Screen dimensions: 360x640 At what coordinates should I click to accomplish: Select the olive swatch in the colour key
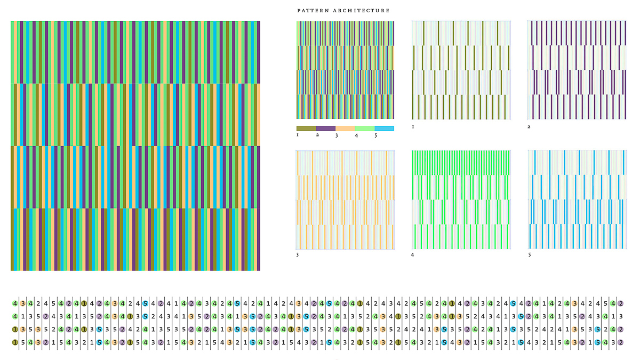tap(306, 129)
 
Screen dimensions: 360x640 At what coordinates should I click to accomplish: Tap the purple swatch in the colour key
tap(326, 129)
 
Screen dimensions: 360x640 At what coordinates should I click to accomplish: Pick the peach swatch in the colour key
tap(345, 129)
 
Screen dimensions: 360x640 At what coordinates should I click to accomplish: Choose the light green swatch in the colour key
tap(365, 129)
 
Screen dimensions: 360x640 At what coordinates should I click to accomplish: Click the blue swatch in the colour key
tap(384, 129)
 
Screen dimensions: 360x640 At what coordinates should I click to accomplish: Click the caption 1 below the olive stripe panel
tap(413, 127)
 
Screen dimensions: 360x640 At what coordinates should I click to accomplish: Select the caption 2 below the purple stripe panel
tap(529, 127)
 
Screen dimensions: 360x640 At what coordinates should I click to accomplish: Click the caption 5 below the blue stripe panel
tap(529, 255)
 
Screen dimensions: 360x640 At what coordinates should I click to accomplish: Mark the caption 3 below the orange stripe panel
tap(298, 255)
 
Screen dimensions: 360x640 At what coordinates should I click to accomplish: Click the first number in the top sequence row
tap(15, 304)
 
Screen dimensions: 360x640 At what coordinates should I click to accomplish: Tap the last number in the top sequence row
tap(620, 304)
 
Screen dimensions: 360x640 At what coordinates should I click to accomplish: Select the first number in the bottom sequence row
tap(15, 342)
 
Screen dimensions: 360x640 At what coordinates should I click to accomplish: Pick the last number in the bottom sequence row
tap(620, 342)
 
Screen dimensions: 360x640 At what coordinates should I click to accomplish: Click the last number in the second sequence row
tap(620, 317)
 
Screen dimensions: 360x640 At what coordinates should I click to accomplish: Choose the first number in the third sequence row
tap(15, 330)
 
